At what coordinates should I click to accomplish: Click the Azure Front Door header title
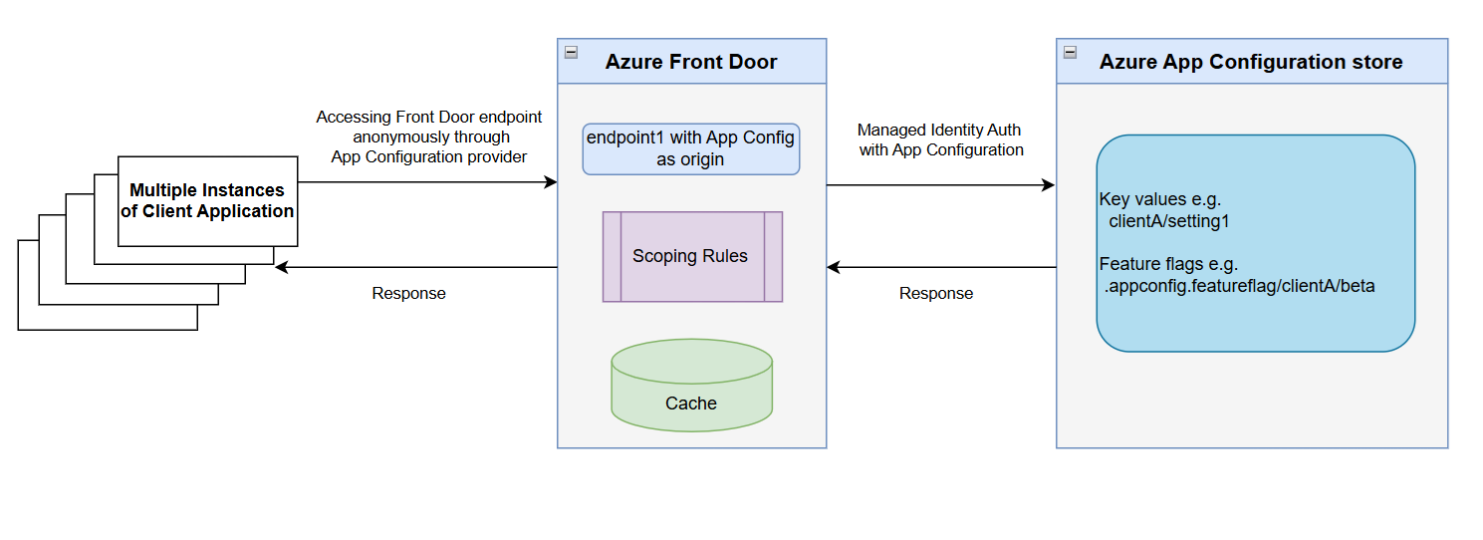[691, 62]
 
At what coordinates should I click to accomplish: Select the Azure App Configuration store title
[1250, 62]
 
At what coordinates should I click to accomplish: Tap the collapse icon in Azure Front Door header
[571, 52]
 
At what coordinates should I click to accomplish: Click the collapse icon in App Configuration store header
[1070, 52]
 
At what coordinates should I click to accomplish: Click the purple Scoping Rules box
[691, 256]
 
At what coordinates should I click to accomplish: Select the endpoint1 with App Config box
[691, 148]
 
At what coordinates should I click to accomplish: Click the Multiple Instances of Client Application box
[207, 200]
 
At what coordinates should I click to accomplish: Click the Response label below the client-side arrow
[408, 294]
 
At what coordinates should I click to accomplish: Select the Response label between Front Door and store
[936, 294]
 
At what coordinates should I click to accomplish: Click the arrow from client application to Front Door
[428, 182]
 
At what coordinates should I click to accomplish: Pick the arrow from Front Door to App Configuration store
[940, 185]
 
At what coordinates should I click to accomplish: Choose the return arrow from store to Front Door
[940, 267]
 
